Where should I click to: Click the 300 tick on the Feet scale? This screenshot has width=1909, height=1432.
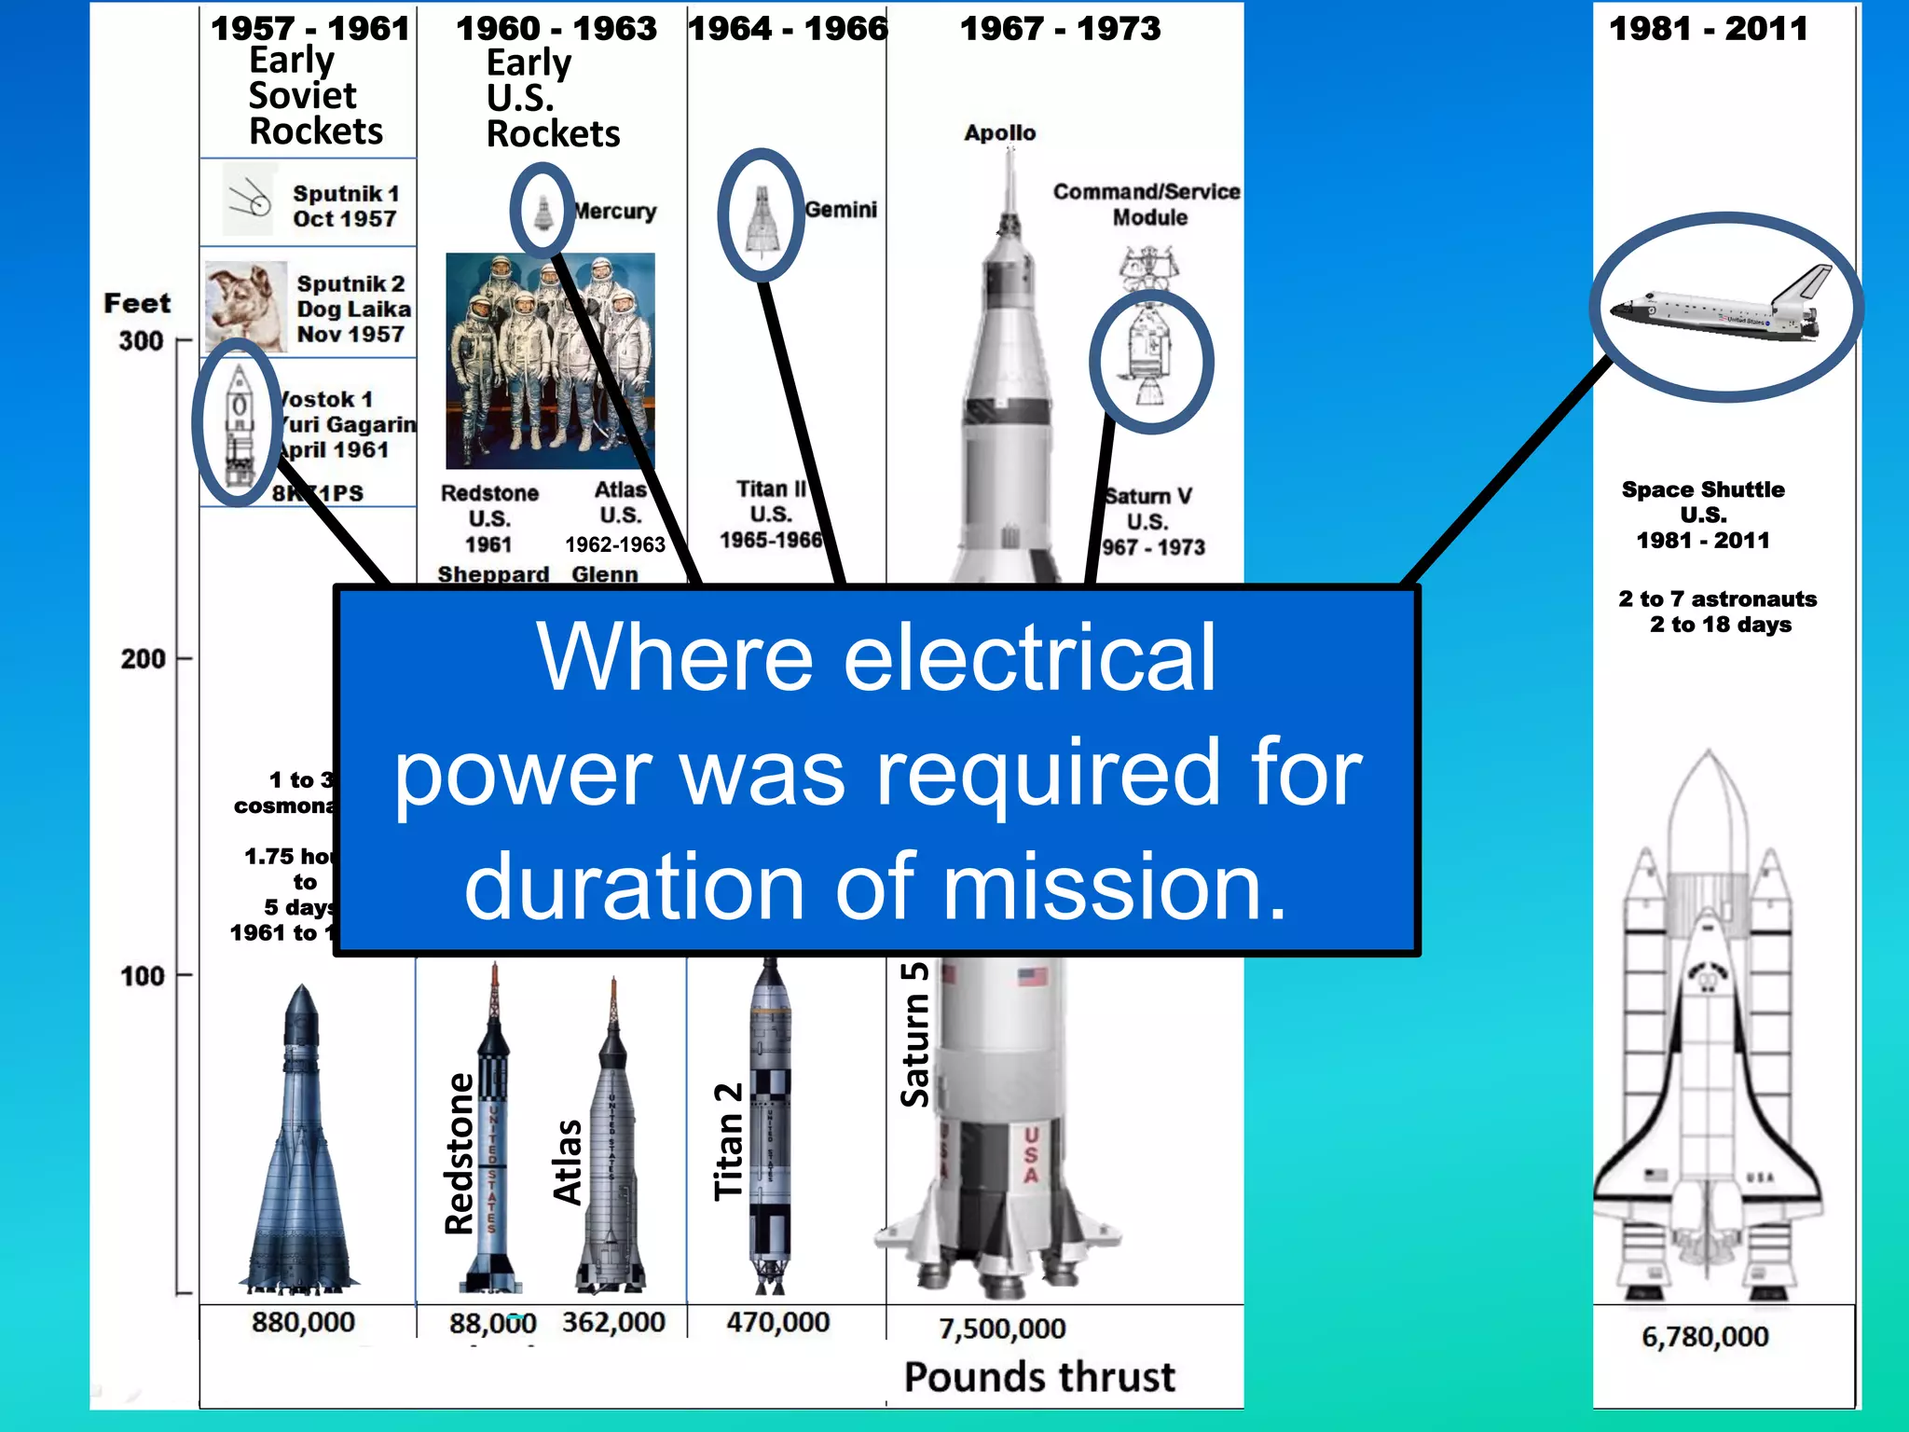(183, 341)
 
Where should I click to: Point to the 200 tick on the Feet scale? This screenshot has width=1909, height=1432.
(184, 659)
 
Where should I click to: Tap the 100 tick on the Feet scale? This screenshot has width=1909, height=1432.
(184, 976)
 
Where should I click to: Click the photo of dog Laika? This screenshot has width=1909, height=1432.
(245, 307)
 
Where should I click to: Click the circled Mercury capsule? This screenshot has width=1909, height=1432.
(542, 212)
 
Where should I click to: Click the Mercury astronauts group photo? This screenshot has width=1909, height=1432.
(550, 360)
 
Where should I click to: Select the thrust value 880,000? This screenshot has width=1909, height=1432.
(303, 1322)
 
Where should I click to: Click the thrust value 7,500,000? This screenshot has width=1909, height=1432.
(1002, 1329)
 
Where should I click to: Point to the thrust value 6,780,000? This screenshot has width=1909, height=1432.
(1705, 1336)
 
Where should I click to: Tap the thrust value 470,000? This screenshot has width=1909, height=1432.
(778, 1322)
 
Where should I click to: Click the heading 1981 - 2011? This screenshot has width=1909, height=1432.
(1709, 29)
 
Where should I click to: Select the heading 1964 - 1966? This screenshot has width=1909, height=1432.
(788, 29)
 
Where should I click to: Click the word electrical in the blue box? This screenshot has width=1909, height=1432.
(1029, 658)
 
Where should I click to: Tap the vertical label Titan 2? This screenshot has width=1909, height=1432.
(728, 1141)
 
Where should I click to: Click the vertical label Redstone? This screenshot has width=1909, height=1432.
(460, 1154)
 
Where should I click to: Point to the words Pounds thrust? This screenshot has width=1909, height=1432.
(1039, 1377)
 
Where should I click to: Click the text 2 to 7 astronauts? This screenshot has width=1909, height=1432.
(1717, 599)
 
